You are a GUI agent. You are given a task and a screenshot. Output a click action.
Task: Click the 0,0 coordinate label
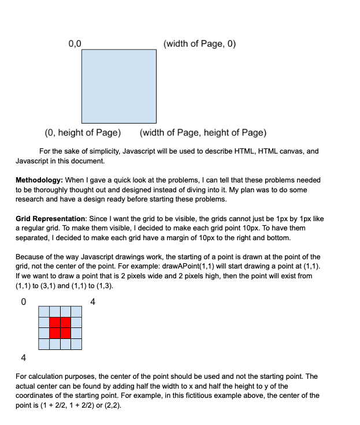pos(75,44)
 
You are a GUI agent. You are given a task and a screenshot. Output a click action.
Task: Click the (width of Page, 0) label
pos(200,44)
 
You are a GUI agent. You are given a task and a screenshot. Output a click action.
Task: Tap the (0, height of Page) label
pos(83,133)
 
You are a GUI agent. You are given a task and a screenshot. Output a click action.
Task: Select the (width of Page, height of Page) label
pos(203,133)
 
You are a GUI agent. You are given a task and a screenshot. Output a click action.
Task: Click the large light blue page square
pos(118,85)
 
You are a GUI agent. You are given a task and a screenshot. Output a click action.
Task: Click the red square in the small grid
pos(60,327)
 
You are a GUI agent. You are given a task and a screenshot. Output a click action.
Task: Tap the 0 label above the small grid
pos(23,301)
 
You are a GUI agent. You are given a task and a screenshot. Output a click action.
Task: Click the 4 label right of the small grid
pos(93,301)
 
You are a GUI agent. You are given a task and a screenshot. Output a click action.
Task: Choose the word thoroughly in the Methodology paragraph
pos(54,189)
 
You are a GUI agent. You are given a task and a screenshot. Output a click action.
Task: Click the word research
pos(32,199)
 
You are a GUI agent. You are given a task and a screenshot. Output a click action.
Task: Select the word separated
pos(35,237)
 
